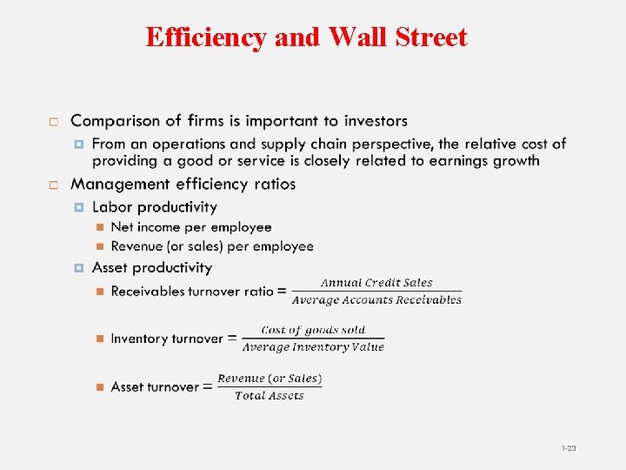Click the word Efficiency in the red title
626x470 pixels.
[x=206, y=37]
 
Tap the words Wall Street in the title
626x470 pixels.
[x=398, y=37]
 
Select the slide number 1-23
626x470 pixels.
[x=569, y=448]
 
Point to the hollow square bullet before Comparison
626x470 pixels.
[x=53, y=122]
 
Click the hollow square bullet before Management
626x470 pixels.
[x=53, y=185]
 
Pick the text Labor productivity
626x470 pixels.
[x=154, y=207]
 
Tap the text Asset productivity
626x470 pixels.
[x=151, y=268]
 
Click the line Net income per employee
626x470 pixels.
[x=191, y=227]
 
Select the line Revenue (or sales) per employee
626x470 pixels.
[x=212, y=246]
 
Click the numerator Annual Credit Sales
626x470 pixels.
[x=376, y=283]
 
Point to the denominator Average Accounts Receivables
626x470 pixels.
[x=376, y=300]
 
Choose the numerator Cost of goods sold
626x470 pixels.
[x=313, y=331]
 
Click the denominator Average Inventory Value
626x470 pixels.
[x=313, y=347]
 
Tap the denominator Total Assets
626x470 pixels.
[x=270, y=396]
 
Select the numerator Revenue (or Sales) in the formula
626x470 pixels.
[x=270, y=379]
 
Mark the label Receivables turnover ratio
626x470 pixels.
[x=191, y=292]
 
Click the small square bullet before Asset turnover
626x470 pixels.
[x=100, y=387]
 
